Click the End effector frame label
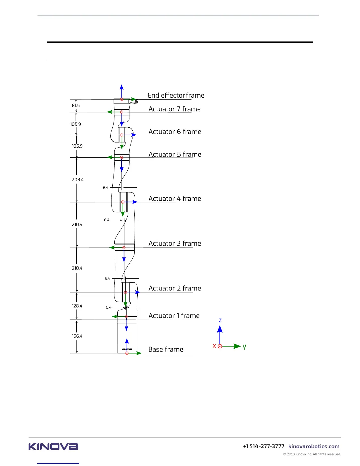coord(176,95)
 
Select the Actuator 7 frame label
coord(174,109)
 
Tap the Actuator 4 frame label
coord(175,199)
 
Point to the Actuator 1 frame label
coord(174,316)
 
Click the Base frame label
coord(166,349)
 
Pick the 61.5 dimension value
coord(76,106)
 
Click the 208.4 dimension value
coord(78,180)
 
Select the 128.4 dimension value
coord(77,306)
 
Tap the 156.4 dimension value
coord(77,336)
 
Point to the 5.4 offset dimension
coord(109,307)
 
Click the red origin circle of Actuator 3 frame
coord(124,248)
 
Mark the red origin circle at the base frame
coord(127,353)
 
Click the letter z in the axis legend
coord(220,320)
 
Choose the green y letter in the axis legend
coord(244,347)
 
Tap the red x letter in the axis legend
coord(214,346)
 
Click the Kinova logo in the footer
coord(53,447)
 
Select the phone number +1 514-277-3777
coord(264,447)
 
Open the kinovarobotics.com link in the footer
coord(314,447)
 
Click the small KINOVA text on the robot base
coord(127,349)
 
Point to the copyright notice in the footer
coord(312,454)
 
